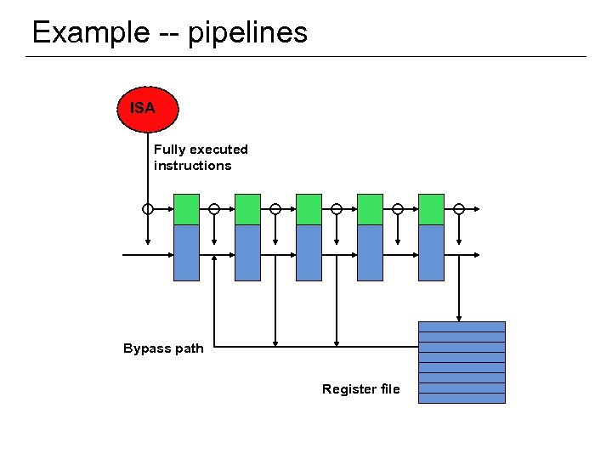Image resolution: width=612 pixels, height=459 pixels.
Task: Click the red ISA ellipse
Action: (148, 109)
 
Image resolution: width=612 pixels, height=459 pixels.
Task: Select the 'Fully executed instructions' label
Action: (201, 157)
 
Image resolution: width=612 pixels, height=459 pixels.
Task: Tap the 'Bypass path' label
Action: (163, 348)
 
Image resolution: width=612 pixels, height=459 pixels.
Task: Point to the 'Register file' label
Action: (360, 389)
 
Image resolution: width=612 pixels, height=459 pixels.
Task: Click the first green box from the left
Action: (186, 209)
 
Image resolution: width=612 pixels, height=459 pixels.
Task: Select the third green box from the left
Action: (309, 209)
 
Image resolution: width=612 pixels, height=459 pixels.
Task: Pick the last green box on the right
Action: (431, 209)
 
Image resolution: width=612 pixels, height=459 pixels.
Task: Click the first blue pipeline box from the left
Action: (186, 252)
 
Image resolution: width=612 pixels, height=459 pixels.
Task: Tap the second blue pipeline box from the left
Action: (247, 252)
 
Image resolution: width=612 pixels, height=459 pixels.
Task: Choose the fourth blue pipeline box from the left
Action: (370, 252)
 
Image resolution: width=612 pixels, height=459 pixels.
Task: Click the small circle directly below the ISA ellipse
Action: (148, 208)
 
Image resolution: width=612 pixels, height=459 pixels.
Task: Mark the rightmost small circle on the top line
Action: (459, 208)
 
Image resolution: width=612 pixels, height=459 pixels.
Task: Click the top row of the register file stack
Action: (462, 326)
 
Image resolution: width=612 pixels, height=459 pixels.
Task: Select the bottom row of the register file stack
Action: (462, 398)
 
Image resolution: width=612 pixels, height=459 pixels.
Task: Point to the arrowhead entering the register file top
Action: (459, 317)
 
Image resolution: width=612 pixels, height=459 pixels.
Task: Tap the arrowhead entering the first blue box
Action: (169, 254)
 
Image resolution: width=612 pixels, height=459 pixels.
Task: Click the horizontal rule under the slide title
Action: (306, 57)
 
